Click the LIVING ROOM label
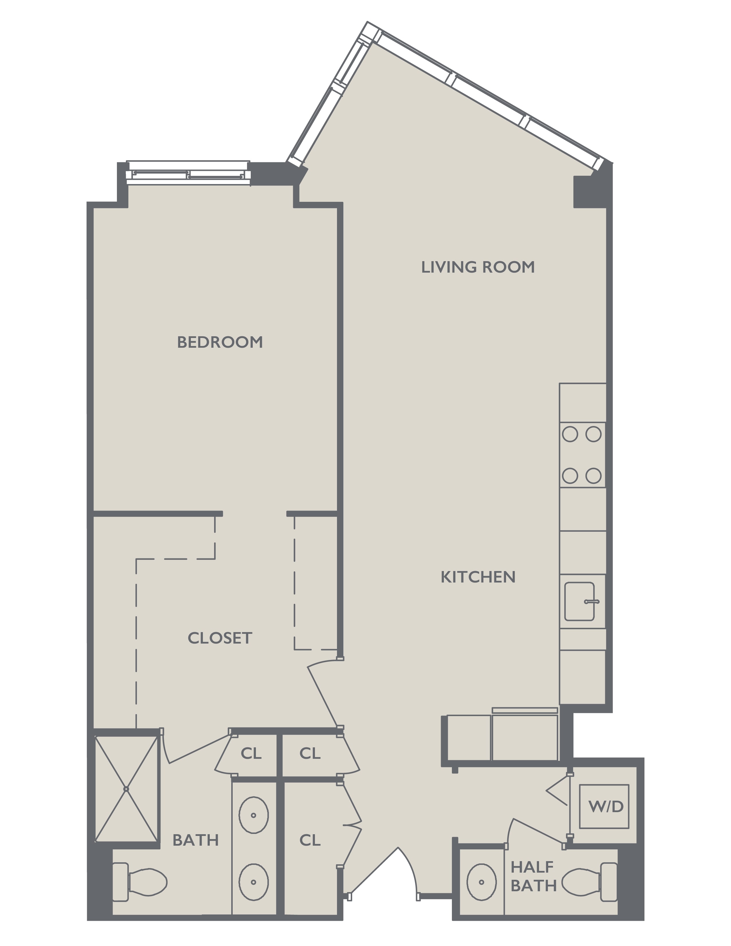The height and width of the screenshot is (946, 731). [478, 267]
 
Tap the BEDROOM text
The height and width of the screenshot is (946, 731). [220, 342]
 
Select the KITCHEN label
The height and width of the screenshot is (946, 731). [478, 577]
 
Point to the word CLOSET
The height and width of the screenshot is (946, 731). [220, 638]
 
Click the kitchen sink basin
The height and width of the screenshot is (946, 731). [579, 601]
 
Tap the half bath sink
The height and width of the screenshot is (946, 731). [482, 882]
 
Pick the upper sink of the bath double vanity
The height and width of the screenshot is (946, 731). [254, 815]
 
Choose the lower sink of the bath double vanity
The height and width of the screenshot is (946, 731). [254, 882]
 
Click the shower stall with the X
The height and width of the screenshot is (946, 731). [126, 789]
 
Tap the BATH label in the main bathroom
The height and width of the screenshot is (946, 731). [196, 840]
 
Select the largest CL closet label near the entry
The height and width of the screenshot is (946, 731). [310, 840]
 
